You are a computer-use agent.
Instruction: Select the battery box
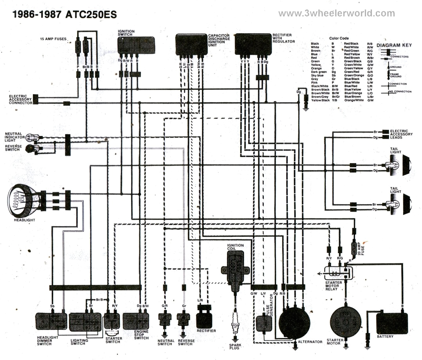point(391,323)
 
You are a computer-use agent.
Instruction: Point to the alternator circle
point(294,322)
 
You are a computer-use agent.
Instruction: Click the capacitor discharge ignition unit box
point(191,44)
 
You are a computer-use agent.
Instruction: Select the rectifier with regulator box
point(253,44)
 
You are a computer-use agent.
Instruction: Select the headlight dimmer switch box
point(51,322)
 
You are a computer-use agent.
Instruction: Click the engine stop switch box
point(135,322)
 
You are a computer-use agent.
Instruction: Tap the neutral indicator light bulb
point(31,138)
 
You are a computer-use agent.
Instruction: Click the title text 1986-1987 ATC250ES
point(65,15)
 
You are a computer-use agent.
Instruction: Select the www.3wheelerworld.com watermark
point(336,14)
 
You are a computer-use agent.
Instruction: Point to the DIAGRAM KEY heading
point(394,45)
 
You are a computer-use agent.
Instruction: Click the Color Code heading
point(339,38)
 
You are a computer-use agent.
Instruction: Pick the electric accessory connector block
point(36,99)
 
